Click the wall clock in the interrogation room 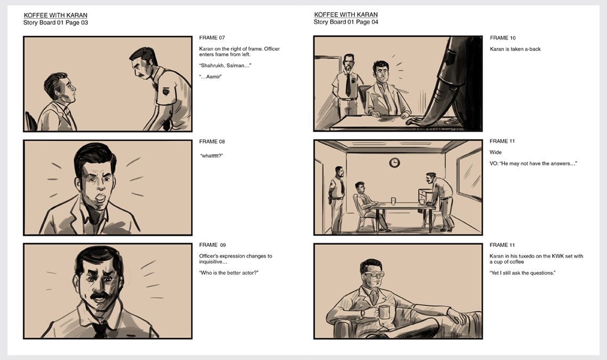394,163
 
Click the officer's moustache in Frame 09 100,297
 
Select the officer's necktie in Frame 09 100,330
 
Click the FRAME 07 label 212,38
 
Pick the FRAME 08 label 212,142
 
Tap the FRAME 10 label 503,38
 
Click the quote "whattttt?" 212,156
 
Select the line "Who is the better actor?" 229,273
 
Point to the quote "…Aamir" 210,77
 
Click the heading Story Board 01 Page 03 55,22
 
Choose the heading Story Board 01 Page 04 346,22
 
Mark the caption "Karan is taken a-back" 515,49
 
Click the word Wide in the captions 496,152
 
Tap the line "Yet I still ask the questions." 522,273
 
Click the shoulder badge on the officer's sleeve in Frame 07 166,91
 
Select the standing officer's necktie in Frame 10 348,84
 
